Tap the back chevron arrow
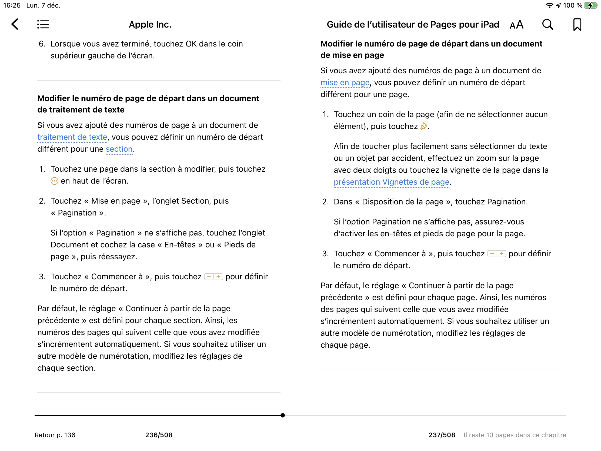(x=15, y=24)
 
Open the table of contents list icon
(x=43, y=24)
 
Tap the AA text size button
(x=516, y=25)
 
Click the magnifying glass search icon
(x=547, y=24)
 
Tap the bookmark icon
(x=577, y=24)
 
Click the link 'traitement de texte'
(x=72, y=137)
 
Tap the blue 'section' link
(x=119, y=149)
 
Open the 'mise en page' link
(x=345, y=82)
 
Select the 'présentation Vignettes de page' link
(x=391, y=182)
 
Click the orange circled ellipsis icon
(x=54, y=181)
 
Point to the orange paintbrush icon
(x=423, y=126)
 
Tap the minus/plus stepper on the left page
(x=213, y=277)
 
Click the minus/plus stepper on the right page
(x=496, y=254)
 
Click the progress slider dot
(x=283, y=415)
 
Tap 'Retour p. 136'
(x=55, y=435)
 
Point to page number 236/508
(x=159, y=435)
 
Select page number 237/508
(x=442, y=435)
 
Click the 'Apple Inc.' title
(x=150, y=24)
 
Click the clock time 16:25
(x=12, y=5)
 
